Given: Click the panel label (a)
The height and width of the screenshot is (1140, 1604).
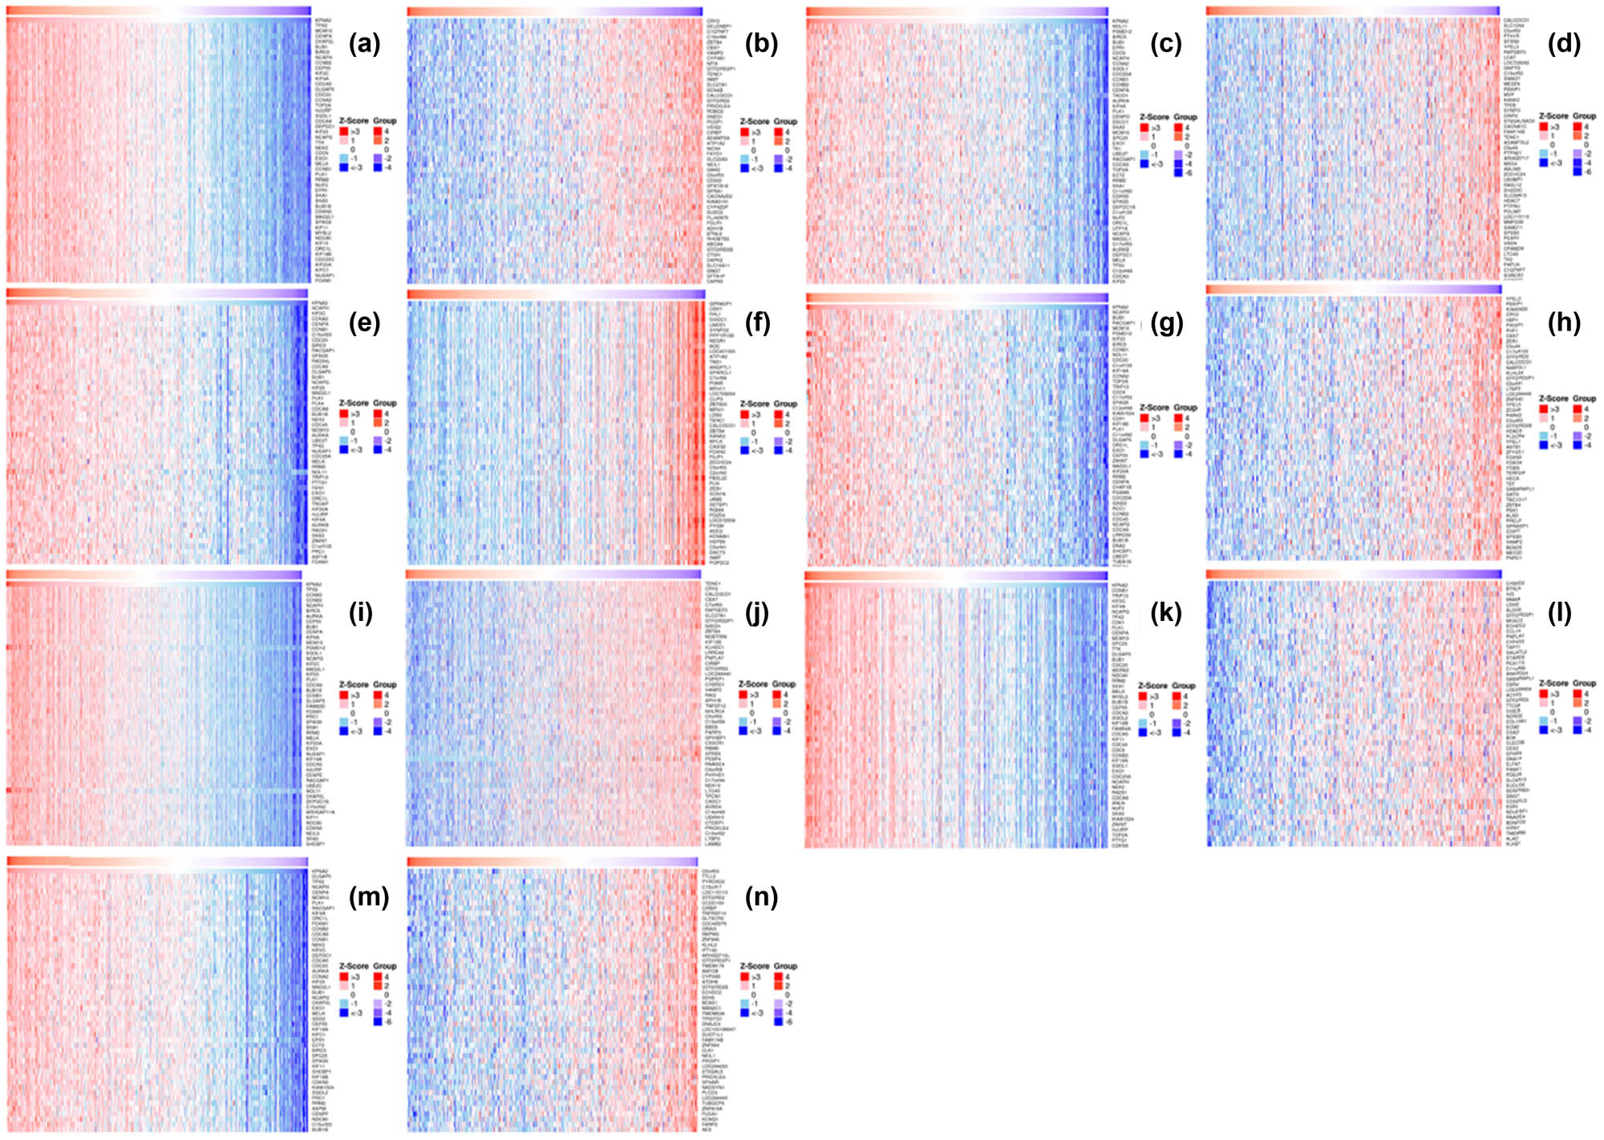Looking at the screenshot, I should click(x=364, y=44).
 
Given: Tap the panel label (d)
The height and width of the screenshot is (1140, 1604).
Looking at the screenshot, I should click(x=1564, y=44).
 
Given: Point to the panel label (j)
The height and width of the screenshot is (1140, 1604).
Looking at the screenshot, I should click(x=757, y=614).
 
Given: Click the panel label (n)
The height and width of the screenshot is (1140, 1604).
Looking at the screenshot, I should click(x=761, y=896).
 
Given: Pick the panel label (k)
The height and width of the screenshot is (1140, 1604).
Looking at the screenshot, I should click(x=1165, y=614).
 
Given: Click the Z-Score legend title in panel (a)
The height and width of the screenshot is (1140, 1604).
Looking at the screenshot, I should click(x=354, y=120).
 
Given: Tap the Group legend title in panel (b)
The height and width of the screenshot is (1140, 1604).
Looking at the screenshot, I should click(x=785, y=121).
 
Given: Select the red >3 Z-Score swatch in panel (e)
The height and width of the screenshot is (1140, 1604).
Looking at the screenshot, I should click(x=344, y=414).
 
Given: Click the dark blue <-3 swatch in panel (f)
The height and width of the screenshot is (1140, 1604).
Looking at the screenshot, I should click(x=745, y=450).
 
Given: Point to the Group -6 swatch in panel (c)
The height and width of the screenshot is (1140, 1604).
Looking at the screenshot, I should click(x=1178, y=172).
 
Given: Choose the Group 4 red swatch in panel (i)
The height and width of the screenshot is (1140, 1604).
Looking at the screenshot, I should click(x=377, y=695).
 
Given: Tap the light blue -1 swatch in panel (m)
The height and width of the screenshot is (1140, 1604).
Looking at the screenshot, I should click(x=344, y=1004).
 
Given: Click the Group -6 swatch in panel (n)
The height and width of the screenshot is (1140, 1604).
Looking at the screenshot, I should click(x=777, y=1022).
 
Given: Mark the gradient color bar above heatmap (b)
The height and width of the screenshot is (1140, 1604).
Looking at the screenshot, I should click(x=554, y=11).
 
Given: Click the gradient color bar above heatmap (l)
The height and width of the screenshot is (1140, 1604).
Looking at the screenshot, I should click(x=1353, y=574).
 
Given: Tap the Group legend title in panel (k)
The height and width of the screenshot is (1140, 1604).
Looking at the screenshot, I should click(x=1184, y=686).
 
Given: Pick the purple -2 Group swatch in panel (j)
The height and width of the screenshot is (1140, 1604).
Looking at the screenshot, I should click(x=776, y=722).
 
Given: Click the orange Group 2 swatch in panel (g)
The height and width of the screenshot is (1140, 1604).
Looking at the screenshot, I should click(x=1178, y=428).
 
